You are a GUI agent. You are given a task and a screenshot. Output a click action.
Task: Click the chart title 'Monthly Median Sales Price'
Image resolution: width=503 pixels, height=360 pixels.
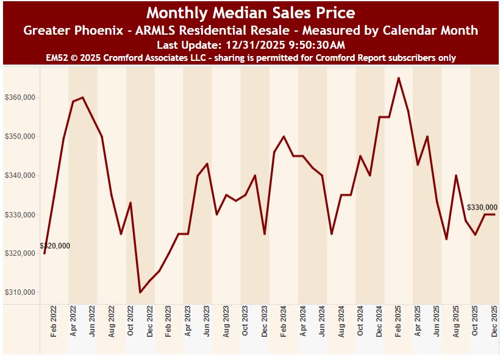251,12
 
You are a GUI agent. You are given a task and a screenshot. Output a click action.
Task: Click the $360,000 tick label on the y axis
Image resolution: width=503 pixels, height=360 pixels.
20,97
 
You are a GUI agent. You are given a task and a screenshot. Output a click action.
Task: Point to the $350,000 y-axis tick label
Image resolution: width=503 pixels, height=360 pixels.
20,136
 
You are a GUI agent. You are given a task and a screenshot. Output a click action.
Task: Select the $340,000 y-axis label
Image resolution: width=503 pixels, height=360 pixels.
20,175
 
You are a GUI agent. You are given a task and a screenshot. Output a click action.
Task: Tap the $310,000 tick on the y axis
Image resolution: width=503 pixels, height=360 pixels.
20,292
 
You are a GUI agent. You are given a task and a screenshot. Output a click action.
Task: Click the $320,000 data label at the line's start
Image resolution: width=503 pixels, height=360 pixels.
55,246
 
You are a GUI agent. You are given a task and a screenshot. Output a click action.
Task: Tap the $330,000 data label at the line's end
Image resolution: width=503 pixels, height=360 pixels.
482,207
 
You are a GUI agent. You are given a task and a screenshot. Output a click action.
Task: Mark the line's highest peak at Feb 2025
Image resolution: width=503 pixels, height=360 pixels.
399,78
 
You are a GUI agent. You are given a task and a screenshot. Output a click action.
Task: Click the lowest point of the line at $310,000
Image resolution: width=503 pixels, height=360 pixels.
140,292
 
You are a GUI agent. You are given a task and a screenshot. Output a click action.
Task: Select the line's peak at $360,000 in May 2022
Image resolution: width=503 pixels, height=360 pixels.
82,97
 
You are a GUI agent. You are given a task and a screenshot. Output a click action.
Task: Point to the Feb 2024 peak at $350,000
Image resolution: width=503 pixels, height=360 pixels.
284,136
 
